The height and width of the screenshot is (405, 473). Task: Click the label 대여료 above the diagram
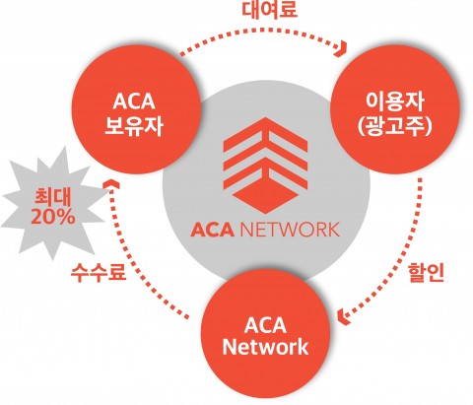click(x=269, y=9)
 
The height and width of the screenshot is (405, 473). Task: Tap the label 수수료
click(x=99, y=272)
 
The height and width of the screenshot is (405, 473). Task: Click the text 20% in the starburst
click(x=53, y=217)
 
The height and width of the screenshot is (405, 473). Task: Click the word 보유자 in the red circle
click(x=134, y=125)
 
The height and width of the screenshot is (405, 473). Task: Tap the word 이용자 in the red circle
click(x=394, y=101)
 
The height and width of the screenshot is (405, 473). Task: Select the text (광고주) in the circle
click(x=394, y=126)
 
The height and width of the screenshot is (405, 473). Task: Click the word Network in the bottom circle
click(x=265, y=347)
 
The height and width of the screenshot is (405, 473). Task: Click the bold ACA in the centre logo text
click(x=212, y=230)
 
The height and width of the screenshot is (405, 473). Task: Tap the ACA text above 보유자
click(x=134, y=101)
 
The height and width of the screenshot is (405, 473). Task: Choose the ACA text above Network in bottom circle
click(x=265, y=325)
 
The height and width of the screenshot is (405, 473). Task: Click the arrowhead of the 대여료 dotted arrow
click(x=342, y=48)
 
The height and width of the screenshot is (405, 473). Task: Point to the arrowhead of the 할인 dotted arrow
click(x=343, y=316)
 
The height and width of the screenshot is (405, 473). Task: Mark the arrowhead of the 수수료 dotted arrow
click(x=111, y=184)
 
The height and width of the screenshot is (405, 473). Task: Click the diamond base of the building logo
click(x=265, y=196)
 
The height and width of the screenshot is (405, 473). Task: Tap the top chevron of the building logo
click(x=265, y=131)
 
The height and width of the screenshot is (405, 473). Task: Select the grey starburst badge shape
click(x=53, y=205)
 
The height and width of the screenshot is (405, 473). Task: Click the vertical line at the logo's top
click(x=265, y=131)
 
